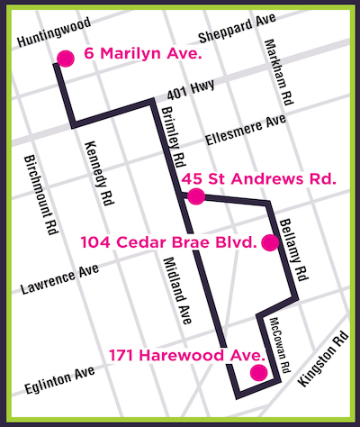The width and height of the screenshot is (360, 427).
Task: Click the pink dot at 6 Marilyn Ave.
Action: [x=65, y=59]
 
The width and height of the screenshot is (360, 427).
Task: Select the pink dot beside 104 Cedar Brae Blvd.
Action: [x=268, y=241]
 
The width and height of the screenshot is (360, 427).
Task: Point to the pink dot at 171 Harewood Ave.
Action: [x=258, y=372]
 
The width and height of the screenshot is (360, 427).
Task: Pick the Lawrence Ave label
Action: [x=60, y=281]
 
